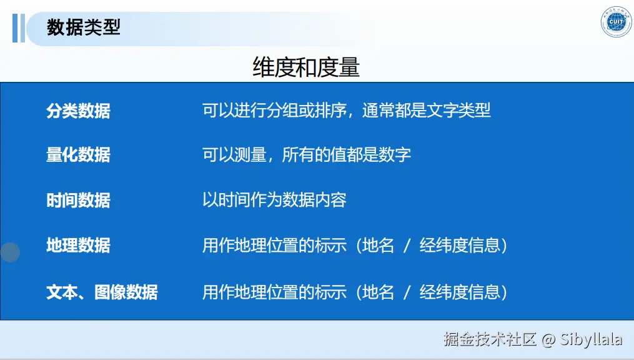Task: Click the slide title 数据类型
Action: [x=84, y=27]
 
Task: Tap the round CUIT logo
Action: [x=616, y=22]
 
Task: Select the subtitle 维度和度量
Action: [x=306, y=67]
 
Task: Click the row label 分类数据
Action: [x=79, y=111]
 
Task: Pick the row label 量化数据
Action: [x=79, y=155]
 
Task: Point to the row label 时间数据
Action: [x=79, y=200]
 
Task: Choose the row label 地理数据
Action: [x=79, y=246]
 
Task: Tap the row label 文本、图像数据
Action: [x=102, y=292]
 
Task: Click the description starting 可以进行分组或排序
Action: [x=347, y=111]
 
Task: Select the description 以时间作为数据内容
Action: [x=274, y=200]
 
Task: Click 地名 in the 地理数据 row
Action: [x=378, y=246]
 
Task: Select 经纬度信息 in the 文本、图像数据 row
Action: [x=460, y=292]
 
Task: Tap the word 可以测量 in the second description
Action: [x=234, y=154]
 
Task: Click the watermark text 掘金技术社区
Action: [x=490, y=339]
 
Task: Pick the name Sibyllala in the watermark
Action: [x=591, y=339]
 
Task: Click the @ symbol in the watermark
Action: [x=548, y=340]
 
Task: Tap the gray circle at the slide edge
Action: [x=10, y=252]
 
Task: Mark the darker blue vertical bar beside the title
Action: [x=15, y=28]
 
